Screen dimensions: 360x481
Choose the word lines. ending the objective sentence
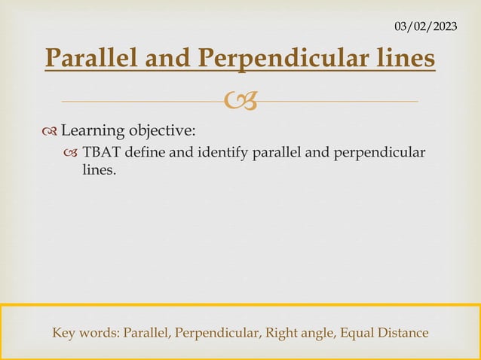tap(99, 171)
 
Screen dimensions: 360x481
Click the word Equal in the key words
tap(353, 332)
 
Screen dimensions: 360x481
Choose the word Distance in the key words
tap(402, 332)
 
